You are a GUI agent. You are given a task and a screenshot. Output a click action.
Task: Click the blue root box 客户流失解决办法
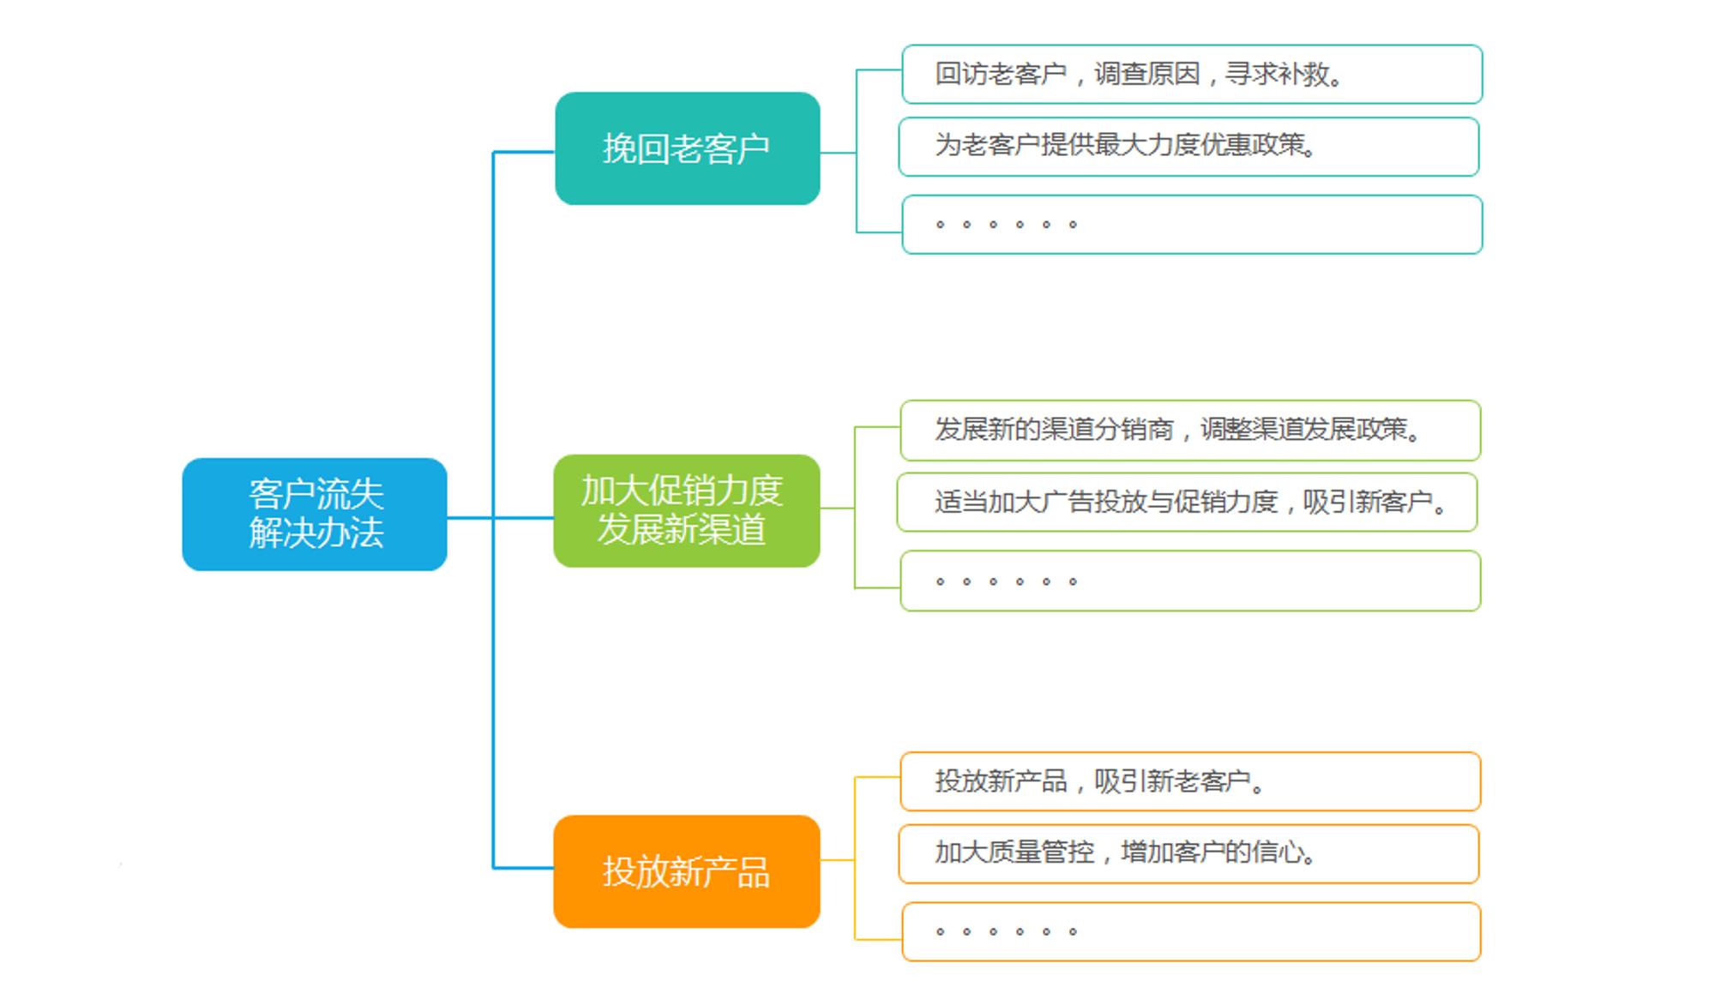click(x=315, y=514)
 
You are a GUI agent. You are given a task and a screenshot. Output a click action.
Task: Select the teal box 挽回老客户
click(x=688, y=148)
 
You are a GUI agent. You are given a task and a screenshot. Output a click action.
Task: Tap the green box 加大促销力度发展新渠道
click(x=687, y=510)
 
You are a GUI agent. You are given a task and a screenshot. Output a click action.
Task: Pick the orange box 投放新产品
click(x=687, y=871)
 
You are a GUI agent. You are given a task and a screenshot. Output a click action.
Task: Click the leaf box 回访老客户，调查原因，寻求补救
click(x=1192, y=75)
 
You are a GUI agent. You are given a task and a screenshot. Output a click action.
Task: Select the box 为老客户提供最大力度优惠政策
click(x=1189, y=147)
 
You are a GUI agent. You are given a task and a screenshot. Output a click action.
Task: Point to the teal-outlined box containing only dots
click(x=1192, y=225)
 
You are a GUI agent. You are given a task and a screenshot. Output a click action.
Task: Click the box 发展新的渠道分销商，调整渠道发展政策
click(x=1190, y=431)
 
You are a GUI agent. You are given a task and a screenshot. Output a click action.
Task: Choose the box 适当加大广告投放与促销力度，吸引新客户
click(x=1188, y=503)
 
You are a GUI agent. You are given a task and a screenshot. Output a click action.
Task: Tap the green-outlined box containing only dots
click(x=1190, y=581)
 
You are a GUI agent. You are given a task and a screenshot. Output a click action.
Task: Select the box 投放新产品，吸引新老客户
click(x=1190, y=781)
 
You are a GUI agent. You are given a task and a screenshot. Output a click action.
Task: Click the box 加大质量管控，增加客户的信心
click(x=1189, y=854)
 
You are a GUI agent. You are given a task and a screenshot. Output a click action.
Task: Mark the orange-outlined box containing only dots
click(x=1192, y=931)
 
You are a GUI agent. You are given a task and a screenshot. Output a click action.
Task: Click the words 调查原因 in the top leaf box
click(x=1147, y=74)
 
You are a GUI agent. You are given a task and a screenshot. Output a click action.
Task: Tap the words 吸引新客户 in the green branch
click(x=1369, y=501)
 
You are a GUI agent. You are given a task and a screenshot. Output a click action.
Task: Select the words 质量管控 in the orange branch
click(x=1042, y=852)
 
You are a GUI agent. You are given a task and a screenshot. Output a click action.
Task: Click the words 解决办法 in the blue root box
click(x=316, y=533)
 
